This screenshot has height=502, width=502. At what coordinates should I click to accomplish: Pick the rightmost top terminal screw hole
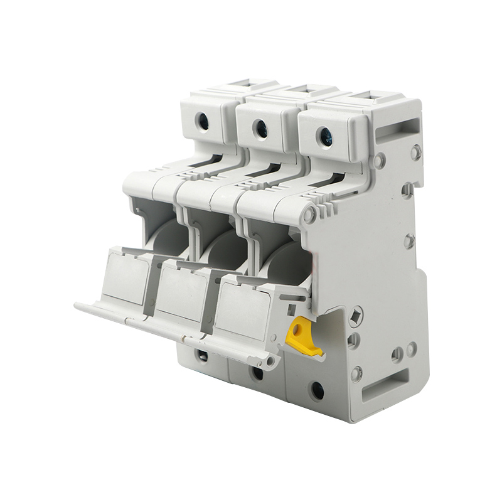pyautogui.click(x=324, y=135)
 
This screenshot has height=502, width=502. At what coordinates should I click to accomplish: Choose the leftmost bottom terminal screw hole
pyautogui.click(x=202, y=356)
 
